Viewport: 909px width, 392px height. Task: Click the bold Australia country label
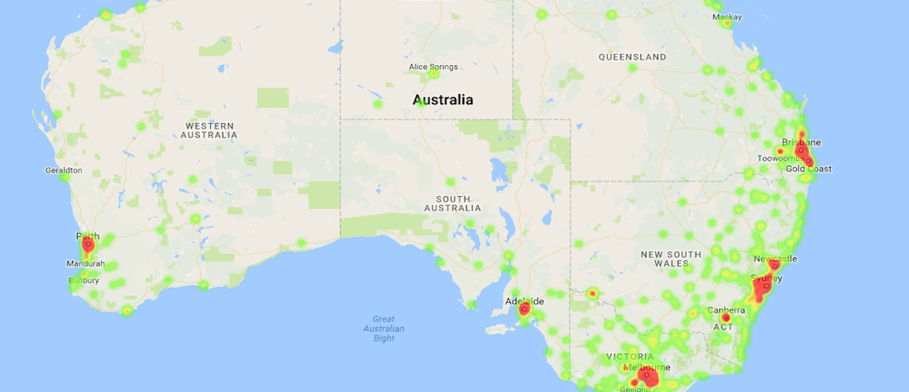[x=443, y=100]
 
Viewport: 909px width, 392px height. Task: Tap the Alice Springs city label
[x=433, y=67]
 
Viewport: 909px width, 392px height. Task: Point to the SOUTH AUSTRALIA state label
[x=452, y=203]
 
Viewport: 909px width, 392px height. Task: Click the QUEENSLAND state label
[x=632, y=57]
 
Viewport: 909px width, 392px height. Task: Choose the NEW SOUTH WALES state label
[x=671, y=260]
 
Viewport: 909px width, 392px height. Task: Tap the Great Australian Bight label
[x=383, y=328]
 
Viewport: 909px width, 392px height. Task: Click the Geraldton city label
[x=64, y=169]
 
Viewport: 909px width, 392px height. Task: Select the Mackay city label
[x=726, y=16]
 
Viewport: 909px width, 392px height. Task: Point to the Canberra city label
[x=726, y=310]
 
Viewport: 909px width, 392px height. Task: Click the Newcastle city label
[x=775, y=259]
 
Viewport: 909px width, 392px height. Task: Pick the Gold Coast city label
[x=809, y=169]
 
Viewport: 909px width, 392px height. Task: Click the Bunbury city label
[x=83, y=280]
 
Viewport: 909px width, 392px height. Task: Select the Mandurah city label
[x=85, y=263]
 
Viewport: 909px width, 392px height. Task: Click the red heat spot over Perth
[x=88, y=245]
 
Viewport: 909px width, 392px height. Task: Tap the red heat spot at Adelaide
[x=524, y=310]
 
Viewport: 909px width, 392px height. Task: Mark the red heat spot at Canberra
[x=726, y=318]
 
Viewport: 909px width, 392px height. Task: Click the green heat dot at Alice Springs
[x=433, y=74]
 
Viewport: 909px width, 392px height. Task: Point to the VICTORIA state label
[x=629, y=357]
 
